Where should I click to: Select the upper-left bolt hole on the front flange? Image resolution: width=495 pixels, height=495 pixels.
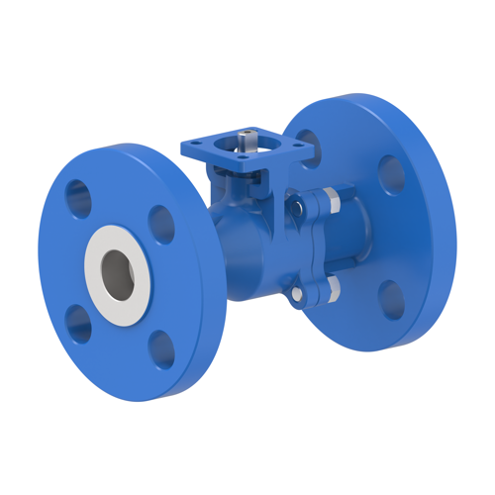[79, 199]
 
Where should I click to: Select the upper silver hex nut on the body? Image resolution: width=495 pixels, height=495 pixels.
[331, 201]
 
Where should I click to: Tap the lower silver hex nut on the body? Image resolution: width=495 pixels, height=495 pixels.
[331, 288]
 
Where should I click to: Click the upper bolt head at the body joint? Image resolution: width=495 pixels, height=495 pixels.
[296, 208]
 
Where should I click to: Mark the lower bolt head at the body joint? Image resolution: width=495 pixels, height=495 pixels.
[296, 294]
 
